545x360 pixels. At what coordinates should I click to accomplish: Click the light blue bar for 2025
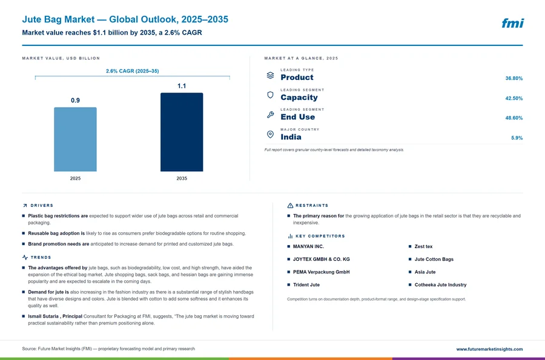(75, 139)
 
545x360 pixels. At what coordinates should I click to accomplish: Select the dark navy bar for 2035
(182, 132)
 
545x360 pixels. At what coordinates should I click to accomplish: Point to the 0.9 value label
(75, 100)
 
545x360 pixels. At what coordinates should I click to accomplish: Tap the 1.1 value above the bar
(182, 86)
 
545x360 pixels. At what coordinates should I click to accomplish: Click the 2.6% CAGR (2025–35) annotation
(133, 71)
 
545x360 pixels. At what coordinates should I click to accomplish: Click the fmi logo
(512, 23)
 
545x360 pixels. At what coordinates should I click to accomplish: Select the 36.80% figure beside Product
(514, 79)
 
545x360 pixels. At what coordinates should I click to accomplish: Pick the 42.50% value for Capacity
(514, 98)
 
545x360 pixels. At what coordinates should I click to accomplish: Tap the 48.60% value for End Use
(514, 118)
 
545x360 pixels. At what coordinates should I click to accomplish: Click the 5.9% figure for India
(517, 138)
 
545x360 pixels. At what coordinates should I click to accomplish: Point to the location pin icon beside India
(270, 134)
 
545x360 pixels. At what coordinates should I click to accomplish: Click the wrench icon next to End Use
(270, 114)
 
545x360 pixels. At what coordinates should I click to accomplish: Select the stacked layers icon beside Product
(270, 76)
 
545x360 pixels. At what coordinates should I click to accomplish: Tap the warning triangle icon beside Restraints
(290, 206)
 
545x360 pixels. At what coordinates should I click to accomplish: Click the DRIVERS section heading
(42, 206)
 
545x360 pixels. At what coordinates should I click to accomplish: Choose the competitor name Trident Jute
(306, 284)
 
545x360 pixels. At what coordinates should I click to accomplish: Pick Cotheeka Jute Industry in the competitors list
(440, 284)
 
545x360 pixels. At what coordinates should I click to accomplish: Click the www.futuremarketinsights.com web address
(489, 349)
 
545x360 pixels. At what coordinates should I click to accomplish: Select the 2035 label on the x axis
(182, 178)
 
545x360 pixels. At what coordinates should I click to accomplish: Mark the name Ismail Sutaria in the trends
(44, 316)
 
